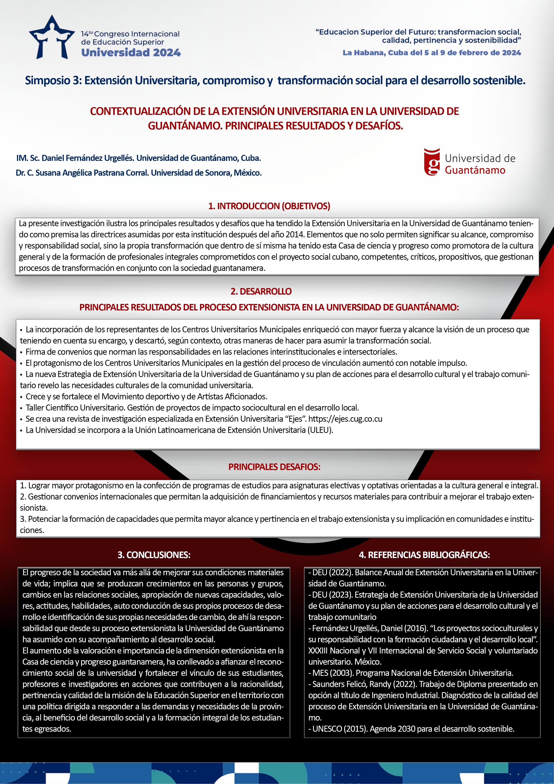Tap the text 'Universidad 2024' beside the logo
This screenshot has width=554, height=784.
tap(131, 53)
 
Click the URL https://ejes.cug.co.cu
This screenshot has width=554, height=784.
tap(345, 419)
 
